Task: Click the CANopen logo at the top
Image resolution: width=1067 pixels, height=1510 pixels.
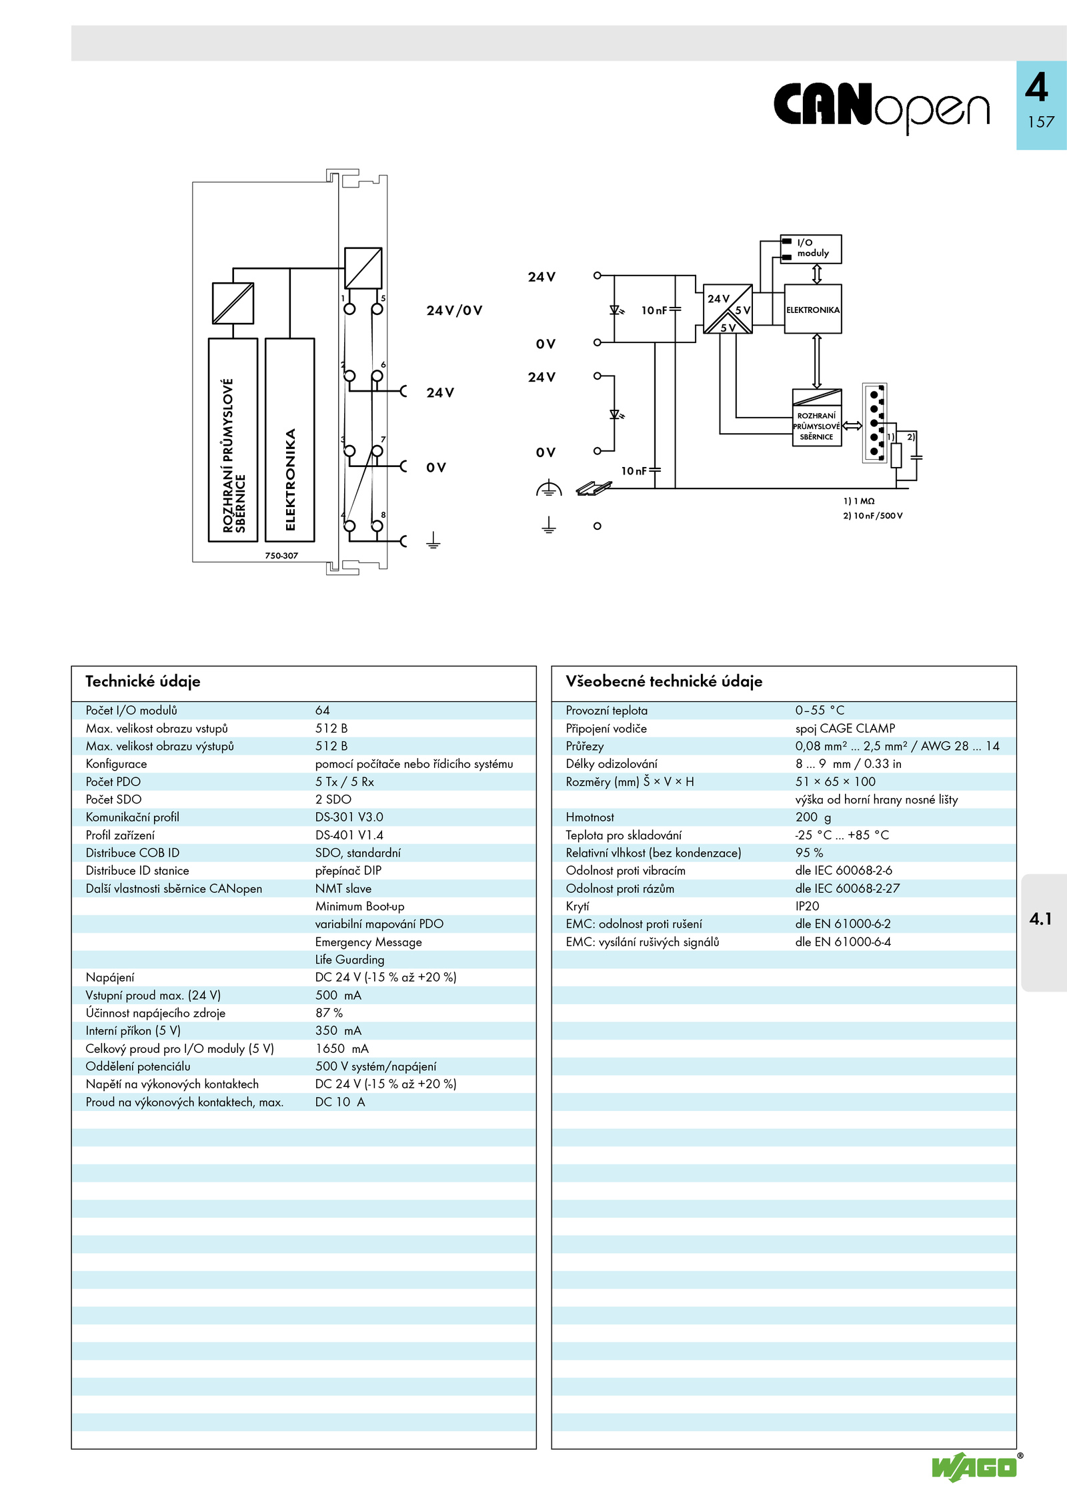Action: [882, 107]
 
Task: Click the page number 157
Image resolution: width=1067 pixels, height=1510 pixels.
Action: [1040, 122]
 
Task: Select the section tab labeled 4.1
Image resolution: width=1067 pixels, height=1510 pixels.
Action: [1040, 919]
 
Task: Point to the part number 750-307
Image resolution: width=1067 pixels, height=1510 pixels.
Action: [281, 555]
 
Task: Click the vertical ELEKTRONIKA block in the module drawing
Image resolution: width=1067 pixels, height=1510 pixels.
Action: [289, 440]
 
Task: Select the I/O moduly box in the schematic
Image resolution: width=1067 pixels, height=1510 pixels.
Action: [811, 249]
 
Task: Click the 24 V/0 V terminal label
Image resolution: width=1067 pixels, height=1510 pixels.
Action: [454, 310]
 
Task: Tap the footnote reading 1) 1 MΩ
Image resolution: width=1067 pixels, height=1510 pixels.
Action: [859, 501]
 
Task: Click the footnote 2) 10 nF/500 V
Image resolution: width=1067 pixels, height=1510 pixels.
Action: [873, 516]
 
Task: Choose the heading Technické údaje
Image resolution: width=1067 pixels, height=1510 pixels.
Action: [143, 681]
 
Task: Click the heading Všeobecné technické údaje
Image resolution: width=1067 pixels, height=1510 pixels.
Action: [664, 681]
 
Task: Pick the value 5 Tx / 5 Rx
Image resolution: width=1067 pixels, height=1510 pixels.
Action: [345, 781]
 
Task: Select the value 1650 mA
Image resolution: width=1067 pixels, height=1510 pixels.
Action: [342, 1048]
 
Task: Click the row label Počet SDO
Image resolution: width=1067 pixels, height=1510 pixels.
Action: [113, 799]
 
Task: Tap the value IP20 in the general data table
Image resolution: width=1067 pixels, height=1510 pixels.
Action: [807, 906]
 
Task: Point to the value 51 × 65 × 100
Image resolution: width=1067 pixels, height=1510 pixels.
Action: [835, 781]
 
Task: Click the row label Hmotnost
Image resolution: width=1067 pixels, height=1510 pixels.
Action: [590, 817]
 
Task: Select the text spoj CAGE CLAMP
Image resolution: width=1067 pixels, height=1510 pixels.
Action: [845, 729]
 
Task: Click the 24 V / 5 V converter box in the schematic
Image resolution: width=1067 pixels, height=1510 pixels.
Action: [728, 309]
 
